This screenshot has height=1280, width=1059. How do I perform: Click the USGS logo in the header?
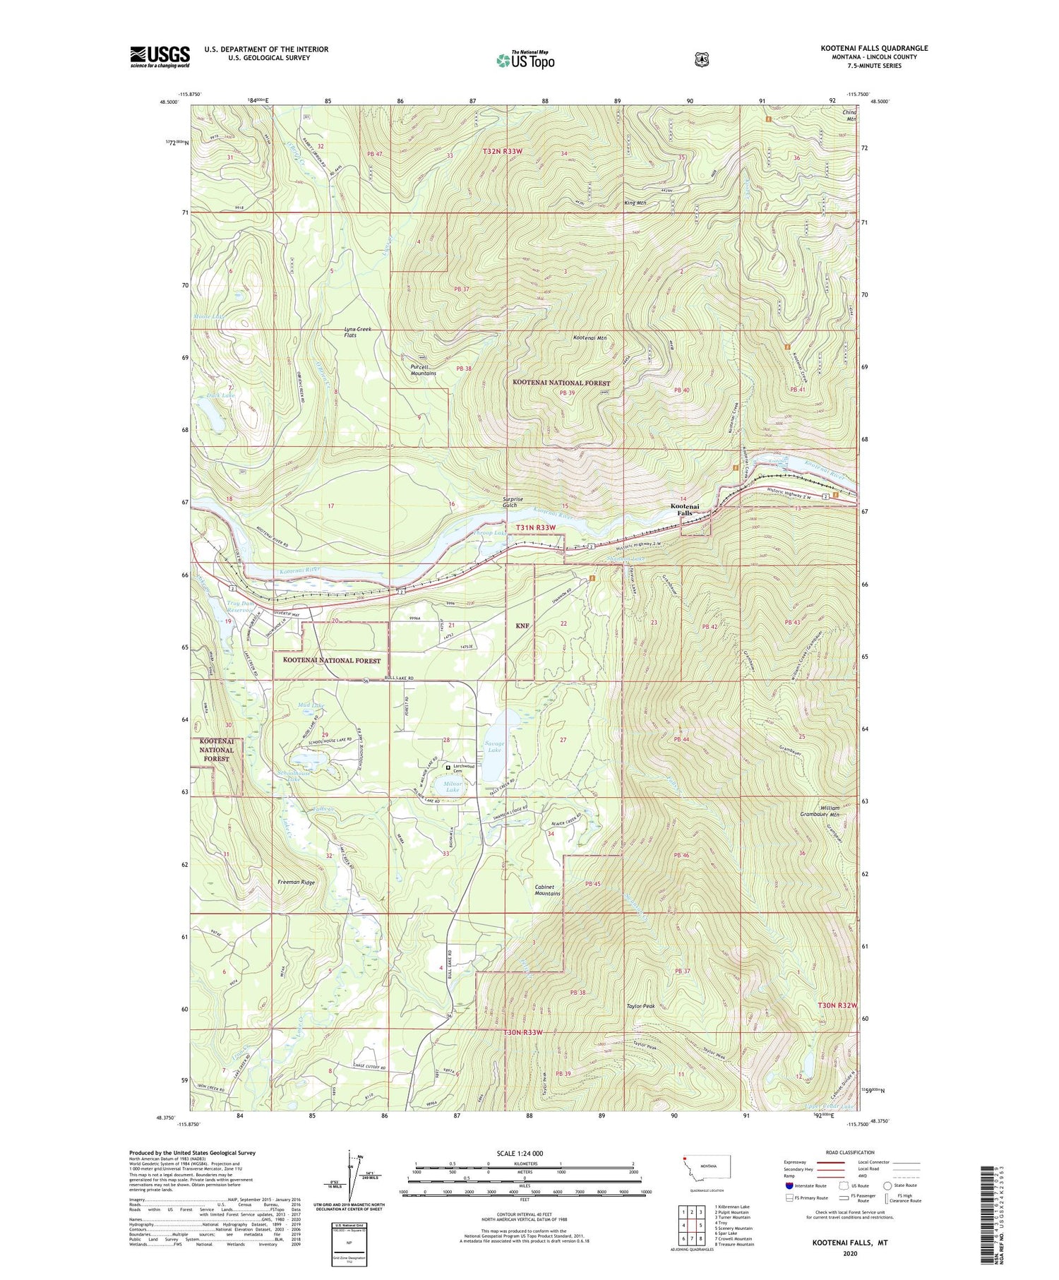click(160, 56)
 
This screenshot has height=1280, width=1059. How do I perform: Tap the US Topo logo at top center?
click(525, 60)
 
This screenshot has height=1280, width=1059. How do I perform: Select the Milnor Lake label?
click(453, 786)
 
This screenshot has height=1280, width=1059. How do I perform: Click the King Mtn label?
click(635, 203)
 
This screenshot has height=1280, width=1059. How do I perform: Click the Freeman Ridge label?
click(296, 883)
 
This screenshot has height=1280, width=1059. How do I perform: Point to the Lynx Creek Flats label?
click(357, 333)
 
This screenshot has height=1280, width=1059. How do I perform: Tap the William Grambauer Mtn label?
click(829, 811)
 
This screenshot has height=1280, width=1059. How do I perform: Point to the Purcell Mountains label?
click(423, 370)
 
